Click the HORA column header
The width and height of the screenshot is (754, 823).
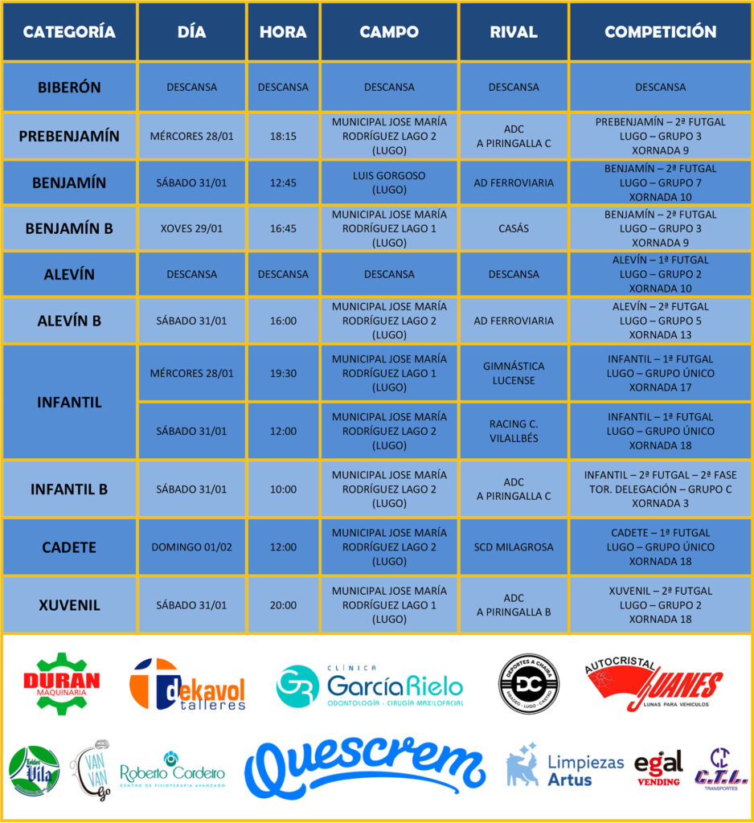click(283, 32)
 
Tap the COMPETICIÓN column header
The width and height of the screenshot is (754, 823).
click(660, 32)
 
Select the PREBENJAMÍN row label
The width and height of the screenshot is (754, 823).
click(69, 136)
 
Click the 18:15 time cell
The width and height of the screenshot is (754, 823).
click(283, 136)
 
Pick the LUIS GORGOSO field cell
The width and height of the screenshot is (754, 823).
click(389, 182)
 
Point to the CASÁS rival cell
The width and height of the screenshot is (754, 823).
click(514, 228)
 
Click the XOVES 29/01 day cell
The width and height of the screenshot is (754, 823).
click(191, 228)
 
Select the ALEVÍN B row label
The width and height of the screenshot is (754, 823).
click(69, 321)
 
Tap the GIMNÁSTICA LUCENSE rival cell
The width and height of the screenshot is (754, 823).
click(514, 373)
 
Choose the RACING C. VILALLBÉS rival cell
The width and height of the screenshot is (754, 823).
click(514, 431)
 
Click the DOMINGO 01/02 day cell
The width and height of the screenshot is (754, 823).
click(191, 547)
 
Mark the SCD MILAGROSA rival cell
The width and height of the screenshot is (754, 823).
click(514, 547)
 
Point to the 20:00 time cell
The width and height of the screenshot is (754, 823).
click(283, 605)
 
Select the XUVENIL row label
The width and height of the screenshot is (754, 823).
click(69, 605)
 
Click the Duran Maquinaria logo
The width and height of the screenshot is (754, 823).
click(61, 683)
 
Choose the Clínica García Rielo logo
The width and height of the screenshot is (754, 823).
click(370, 686)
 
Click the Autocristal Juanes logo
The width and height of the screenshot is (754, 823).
click(651, 684)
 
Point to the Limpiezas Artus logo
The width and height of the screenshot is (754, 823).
click(564, 766)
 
